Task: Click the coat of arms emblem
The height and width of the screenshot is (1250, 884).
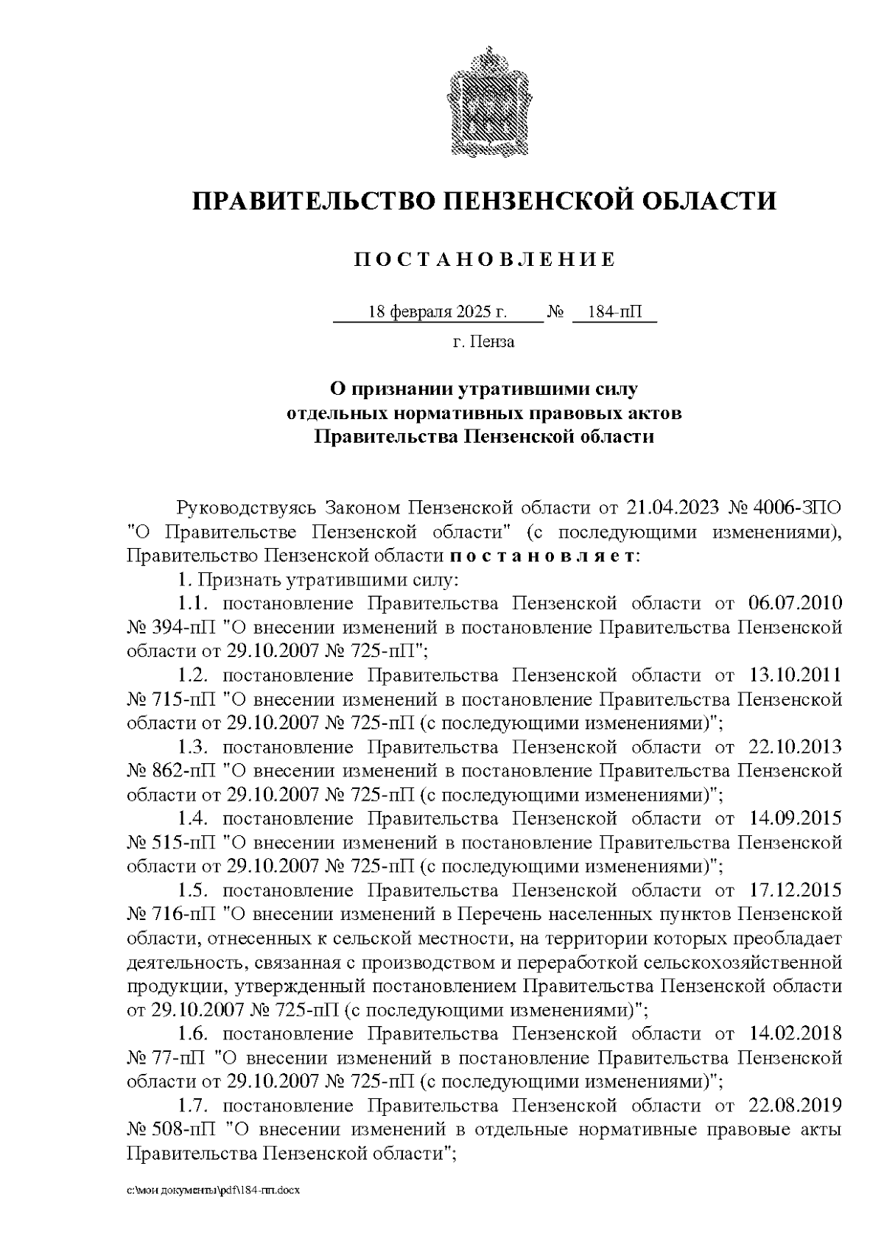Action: tap(485, 101)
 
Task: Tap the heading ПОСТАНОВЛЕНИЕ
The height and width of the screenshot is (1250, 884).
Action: tap(485, 259)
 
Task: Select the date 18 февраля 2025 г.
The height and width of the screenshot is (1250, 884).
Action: tap(437, 312)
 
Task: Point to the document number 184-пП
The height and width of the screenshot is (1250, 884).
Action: tap(614, 312)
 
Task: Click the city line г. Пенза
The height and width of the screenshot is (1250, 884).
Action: tap(484, 342)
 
